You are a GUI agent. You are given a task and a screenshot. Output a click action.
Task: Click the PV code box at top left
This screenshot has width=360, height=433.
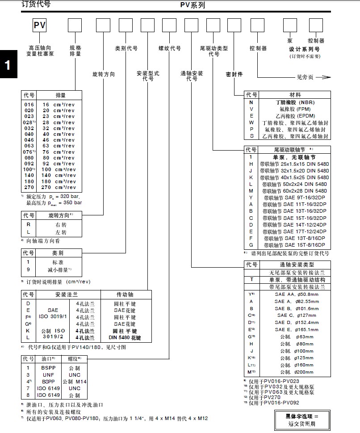39,25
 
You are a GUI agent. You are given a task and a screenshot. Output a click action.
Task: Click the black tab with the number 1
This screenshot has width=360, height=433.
8,65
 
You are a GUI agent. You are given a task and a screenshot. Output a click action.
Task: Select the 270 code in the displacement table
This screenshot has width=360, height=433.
29,188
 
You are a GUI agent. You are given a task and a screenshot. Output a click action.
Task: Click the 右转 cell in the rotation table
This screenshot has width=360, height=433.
60,225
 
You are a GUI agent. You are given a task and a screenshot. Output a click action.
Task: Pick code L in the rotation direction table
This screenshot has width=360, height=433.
29,232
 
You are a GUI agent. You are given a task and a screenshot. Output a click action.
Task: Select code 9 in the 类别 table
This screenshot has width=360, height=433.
28,270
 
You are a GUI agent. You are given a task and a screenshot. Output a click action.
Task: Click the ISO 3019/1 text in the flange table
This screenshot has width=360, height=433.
52,316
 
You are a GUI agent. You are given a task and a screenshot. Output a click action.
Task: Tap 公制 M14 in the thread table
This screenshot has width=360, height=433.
74,382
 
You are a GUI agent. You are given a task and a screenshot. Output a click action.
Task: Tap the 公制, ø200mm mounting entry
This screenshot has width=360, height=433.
296,372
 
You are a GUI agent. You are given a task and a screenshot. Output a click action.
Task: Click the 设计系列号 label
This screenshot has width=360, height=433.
305,49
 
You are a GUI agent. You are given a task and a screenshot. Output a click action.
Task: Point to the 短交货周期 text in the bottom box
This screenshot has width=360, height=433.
301,424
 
